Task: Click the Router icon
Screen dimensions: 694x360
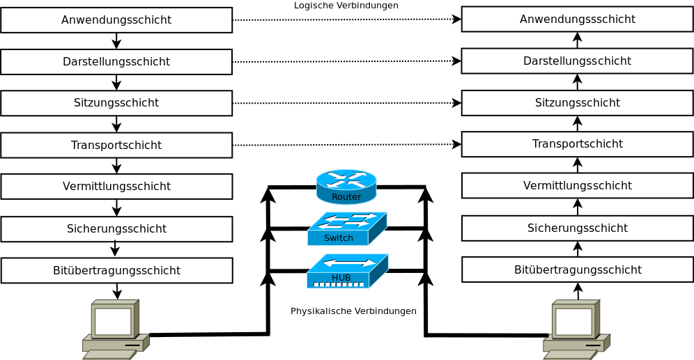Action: tap(346, 187)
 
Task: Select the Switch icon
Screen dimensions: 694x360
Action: tap(347, 228)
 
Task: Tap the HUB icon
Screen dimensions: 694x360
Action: tap(348, 271)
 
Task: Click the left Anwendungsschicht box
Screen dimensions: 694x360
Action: tap(116, 20)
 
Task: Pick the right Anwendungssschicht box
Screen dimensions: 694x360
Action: tap(578, 19)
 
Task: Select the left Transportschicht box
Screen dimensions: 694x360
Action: tap(116, 145)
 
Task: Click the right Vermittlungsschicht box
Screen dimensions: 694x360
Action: tap(578, 186)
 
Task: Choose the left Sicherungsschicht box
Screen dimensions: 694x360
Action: tap(116, 228)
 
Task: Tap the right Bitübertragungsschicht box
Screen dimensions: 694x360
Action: tap(578, 269)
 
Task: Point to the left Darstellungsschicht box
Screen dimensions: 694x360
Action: tap(116, 61)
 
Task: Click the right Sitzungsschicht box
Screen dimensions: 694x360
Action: tap(578, 102)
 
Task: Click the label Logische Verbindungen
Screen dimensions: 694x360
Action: tap(346, 6)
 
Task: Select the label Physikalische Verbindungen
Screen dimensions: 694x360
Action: tap(353, 311)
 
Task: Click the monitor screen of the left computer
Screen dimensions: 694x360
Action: tap(113, 321)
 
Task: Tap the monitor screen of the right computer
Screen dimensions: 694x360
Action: tap(573, 322)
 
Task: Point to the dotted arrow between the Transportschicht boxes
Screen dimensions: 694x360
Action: tap(347, 145)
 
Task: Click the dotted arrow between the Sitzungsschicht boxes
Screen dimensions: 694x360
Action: tap(347, 103)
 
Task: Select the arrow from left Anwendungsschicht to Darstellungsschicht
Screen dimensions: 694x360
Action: tap(116, 40)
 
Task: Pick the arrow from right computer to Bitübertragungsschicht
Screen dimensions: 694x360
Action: tap(578, 291)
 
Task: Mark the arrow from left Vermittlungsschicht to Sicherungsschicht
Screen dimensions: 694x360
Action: tap(116, 208)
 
